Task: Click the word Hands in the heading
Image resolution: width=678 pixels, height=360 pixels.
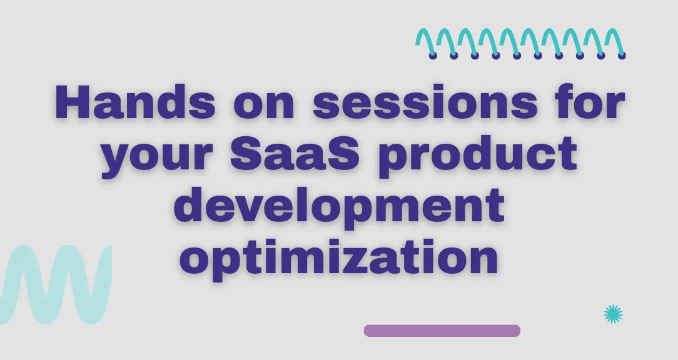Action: (135, 102)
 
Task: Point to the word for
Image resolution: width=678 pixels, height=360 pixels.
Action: (590, 102)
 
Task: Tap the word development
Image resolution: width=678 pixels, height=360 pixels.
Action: (340, 207)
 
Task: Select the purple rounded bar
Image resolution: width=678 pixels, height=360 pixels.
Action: (442, 331)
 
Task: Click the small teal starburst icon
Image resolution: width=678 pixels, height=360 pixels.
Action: (613, 314)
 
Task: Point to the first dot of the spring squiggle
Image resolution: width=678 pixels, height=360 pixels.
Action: (433, 56)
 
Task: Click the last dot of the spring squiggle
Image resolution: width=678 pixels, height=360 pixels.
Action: (622, 56)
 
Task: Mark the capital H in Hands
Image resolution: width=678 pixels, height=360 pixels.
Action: (74, 102)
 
